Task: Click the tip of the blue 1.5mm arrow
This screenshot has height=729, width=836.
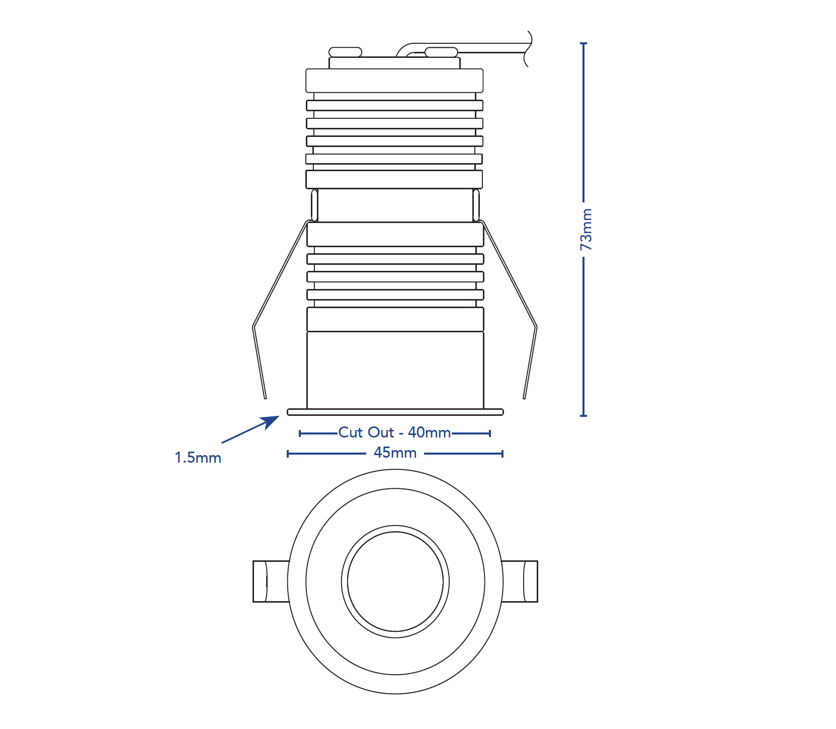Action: tap(280, 416)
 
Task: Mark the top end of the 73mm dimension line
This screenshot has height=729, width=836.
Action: tap(583, 43)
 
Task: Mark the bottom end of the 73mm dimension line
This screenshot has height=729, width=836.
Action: tap(583, 416)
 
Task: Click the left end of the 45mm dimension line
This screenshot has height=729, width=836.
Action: tap(288, 454)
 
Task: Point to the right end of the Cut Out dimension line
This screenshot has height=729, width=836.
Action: tap(490, 433)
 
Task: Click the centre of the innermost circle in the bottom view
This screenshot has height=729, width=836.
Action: tap(395, 581)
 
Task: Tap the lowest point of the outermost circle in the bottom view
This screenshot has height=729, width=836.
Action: tap(395, 694)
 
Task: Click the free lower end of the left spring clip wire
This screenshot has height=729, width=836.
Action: tap(265, 398)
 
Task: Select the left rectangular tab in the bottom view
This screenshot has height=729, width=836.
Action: tap(271, 581)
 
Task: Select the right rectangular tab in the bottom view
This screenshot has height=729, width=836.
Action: tap(520, 581)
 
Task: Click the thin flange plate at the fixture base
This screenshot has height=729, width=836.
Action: tap(395, 412)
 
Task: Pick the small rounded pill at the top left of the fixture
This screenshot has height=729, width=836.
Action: tap(346, 52)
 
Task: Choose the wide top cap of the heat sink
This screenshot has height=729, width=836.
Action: tap(395, 81)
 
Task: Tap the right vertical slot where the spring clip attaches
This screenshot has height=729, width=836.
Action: tap(476, 205)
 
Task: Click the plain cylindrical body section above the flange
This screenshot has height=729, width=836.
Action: tap(395, 370)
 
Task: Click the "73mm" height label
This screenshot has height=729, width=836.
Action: tap(586, 230)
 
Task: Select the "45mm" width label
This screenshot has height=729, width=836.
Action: tap(395, 453)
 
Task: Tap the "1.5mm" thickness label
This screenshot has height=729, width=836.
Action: tap(198, 458)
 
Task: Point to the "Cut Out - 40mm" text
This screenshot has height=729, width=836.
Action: tap(394, 432)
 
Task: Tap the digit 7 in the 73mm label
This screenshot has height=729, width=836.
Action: tap(586, 246)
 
